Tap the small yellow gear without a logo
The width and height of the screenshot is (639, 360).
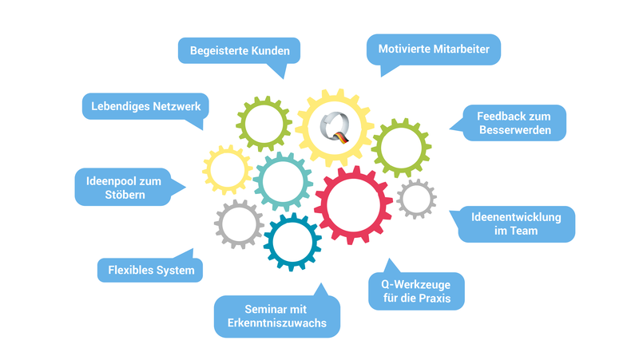pyautogui.click(x=227, y=169)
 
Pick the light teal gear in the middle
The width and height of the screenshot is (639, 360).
pyautogui.click(x=283, y=181)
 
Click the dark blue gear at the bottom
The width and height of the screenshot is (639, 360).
pyautogui.click(x=292, y=242)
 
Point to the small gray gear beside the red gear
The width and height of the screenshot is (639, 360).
pyautogui.click(x=416, y=199)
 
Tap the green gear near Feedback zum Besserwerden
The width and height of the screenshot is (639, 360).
pyautogui.click(x=401, y=147)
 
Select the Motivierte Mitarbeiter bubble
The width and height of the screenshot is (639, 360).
pyautogui.click(x=434, y=49)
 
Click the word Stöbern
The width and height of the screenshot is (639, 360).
pyautogui.click(x=129, y=194)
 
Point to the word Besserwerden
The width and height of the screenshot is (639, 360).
pyautogui.click(x=515, y=130)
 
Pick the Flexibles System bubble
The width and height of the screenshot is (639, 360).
pyautogui.click(x=151, y=271)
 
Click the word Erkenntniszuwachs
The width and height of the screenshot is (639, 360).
pyautogui.click(x=277, y=324)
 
